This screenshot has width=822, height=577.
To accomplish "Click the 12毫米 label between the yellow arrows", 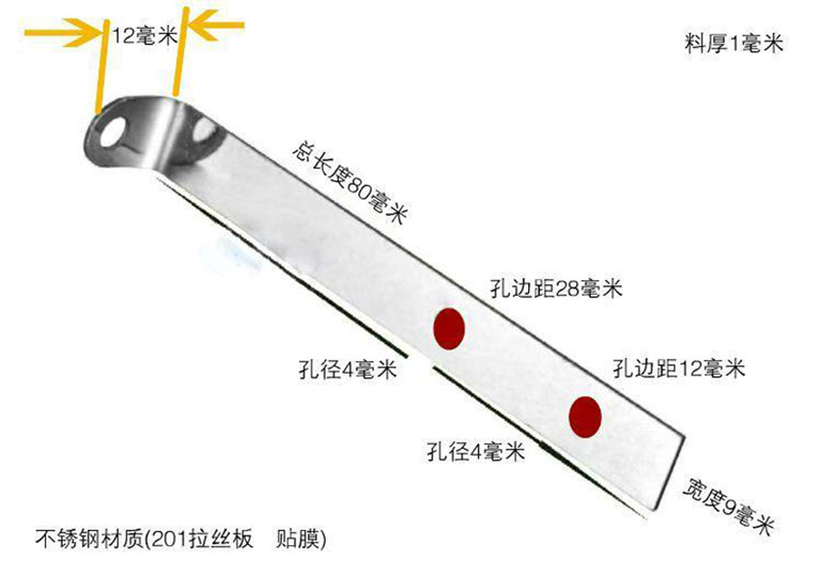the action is [145, 35].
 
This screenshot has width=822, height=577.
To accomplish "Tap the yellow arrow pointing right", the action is [63, 33].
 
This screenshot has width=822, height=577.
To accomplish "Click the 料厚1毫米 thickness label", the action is [734, 42].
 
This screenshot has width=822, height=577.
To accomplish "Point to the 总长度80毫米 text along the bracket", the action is [350, 182].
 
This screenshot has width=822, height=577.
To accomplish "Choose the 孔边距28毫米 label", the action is [556, 288].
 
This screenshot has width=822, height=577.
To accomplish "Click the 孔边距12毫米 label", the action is [678, 368].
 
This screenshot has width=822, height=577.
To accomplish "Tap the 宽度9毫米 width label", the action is [729, 507].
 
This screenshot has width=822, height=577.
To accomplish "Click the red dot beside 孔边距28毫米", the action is [449, 329].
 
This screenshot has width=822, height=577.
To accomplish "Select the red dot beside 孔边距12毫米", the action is [585, 417].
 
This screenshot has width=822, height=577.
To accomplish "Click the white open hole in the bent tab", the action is [114, 132].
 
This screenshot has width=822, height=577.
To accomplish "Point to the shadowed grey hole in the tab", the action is [204, 131].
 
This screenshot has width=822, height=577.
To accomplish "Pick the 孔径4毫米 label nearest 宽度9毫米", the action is [476, 451].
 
